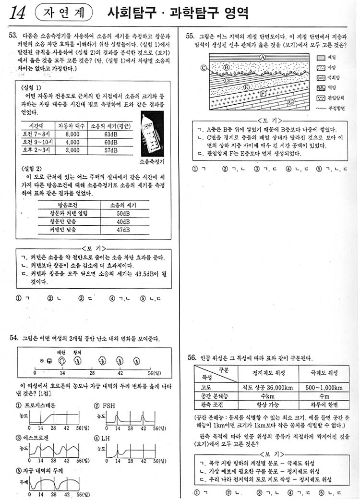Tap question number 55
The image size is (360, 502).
coord(190,36)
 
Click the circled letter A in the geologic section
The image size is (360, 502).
coord(263,57)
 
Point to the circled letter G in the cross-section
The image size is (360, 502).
coord(291,102)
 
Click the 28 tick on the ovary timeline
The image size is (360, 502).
coord(92,372)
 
